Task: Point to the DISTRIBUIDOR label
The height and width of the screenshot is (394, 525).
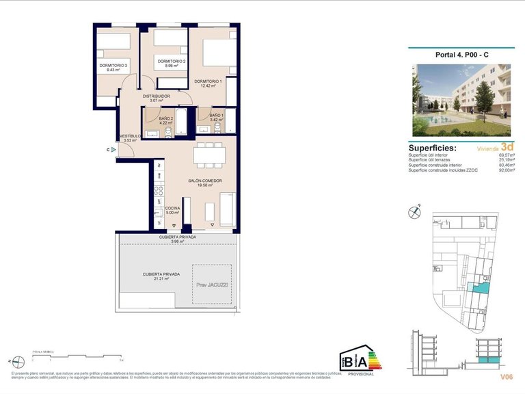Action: (157, 96)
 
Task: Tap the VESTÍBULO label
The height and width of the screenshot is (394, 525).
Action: (130, 136)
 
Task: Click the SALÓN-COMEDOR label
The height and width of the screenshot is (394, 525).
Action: (206, 181)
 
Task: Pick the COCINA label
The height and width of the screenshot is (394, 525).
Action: (172, 208)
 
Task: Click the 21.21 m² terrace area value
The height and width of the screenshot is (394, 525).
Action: (161, 279)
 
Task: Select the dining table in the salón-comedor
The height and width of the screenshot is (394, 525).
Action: (209, 156)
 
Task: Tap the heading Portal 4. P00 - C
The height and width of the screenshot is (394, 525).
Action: (461, 56)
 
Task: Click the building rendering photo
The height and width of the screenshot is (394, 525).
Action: (461, 100)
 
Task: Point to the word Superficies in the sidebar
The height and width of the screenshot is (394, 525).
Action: (433, 147)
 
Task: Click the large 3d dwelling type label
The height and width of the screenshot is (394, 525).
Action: (507, 146)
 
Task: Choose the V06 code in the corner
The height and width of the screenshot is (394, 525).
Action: (506, 376)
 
